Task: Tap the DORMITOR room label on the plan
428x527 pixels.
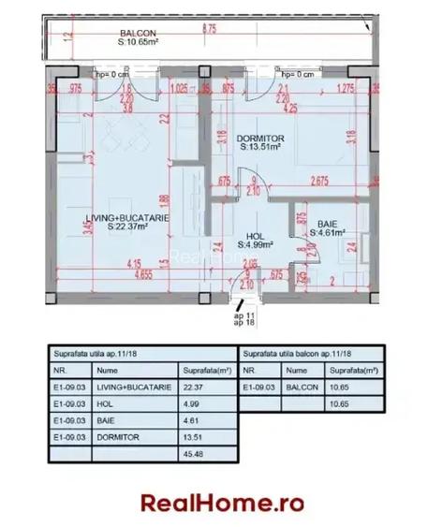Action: click(259, 139)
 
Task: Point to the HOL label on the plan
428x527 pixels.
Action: click(253, 237)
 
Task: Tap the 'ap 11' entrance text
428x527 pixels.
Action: click(243, 315)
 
